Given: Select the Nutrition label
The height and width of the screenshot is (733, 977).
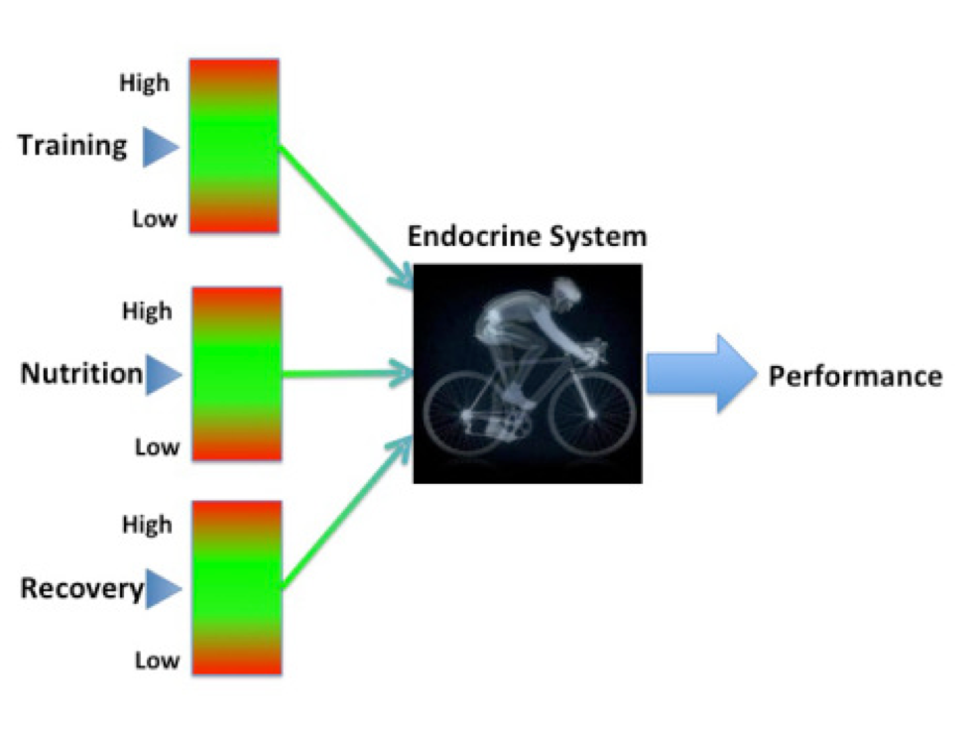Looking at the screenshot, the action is tap(81, 373).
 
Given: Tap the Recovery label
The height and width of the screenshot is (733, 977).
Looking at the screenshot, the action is tap(82, 589).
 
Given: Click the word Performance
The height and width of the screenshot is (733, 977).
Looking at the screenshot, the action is tap(856, 377).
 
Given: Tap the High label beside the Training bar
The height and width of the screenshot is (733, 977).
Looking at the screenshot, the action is tap(145, 83).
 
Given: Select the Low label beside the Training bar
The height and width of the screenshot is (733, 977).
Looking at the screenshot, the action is tap(155, 219).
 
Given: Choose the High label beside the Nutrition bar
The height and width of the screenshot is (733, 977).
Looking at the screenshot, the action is tap(147, 311).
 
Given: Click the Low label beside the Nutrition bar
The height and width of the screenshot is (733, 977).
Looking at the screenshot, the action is tap(157, 447).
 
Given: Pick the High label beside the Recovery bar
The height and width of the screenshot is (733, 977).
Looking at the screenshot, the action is tap(147, 525).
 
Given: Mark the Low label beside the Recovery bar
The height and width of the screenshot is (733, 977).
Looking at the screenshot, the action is tap(157, 660).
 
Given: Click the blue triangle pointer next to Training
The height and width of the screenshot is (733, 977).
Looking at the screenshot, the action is tap(160, 147).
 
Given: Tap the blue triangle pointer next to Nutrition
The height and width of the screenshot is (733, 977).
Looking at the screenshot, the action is tap(164, 375).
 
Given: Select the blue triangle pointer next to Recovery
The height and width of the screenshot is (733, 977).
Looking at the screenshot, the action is tap(164, 589).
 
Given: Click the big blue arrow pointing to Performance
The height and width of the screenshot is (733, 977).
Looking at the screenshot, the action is tap(702, 373).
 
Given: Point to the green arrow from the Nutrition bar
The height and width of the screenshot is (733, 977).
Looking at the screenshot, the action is tap(348, 374).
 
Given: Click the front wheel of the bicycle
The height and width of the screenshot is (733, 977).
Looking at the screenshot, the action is tap(591, 414).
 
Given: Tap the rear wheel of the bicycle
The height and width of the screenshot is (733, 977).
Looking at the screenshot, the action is tap(467, 416).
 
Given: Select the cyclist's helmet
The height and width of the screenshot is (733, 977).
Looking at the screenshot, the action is tap(567, 288).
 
